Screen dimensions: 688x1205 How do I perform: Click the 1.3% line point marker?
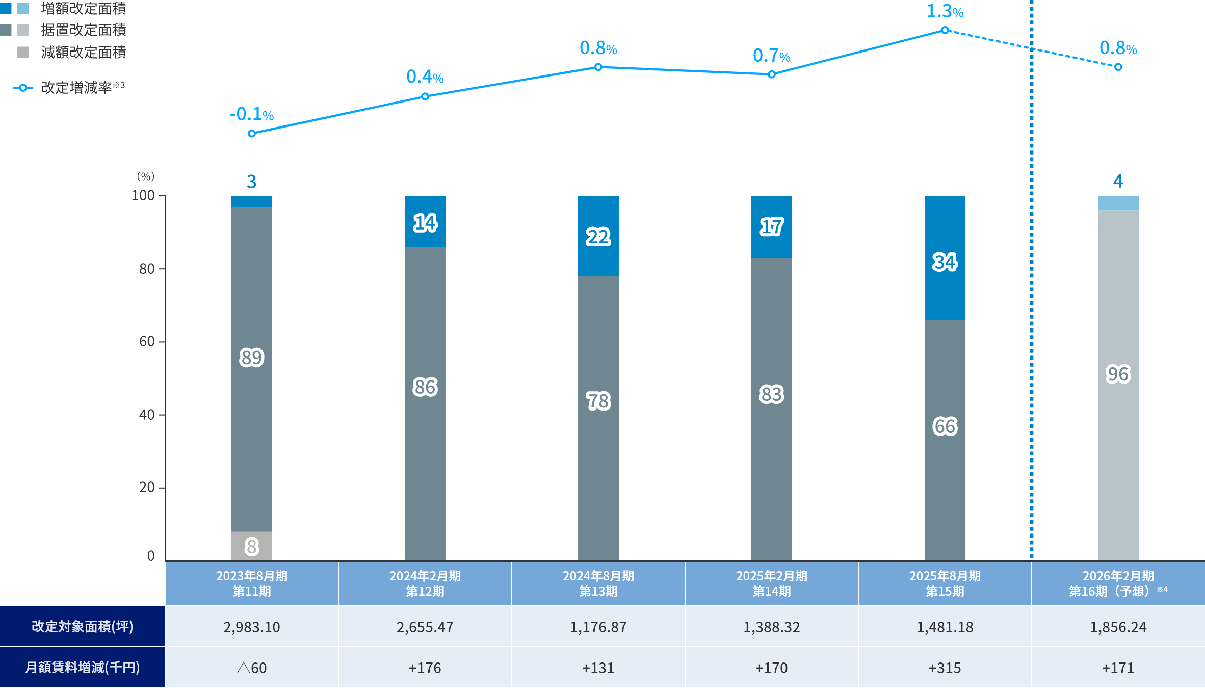click(x=945, y=31)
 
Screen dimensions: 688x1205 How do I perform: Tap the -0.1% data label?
click(x=252, y=114)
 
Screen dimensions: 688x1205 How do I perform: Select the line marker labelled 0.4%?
click(x=425, y=96)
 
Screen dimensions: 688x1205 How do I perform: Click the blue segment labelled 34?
click(x=945, y=262)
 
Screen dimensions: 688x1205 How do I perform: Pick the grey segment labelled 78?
click(x=598, y=401)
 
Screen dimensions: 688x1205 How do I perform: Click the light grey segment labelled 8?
click(x=251, y=546)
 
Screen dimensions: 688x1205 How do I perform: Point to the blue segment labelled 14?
click(x=425, y=223)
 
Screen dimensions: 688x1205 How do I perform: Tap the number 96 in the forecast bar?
click(x=1118, y=374)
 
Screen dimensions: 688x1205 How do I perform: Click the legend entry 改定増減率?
click(x=76, y=88)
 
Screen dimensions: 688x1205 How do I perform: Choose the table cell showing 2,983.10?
click(x=251, y=627)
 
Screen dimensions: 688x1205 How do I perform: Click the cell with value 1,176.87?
click(x=598, y=627)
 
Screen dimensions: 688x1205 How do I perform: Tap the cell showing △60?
click(x=251, y=668)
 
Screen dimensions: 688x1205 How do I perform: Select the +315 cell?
click(x=945, y=668)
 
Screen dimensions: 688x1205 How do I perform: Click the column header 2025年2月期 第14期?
click(x=771, y=583)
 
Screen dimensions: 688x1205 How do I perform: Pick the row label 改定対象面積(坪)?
click(x=82, y=627)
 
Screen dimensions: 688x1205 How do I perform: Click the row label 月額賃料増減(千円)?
click(x=82, y=668)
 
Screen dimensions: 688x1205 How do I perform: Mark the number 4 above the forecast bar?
click(x=1118, y=181)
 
